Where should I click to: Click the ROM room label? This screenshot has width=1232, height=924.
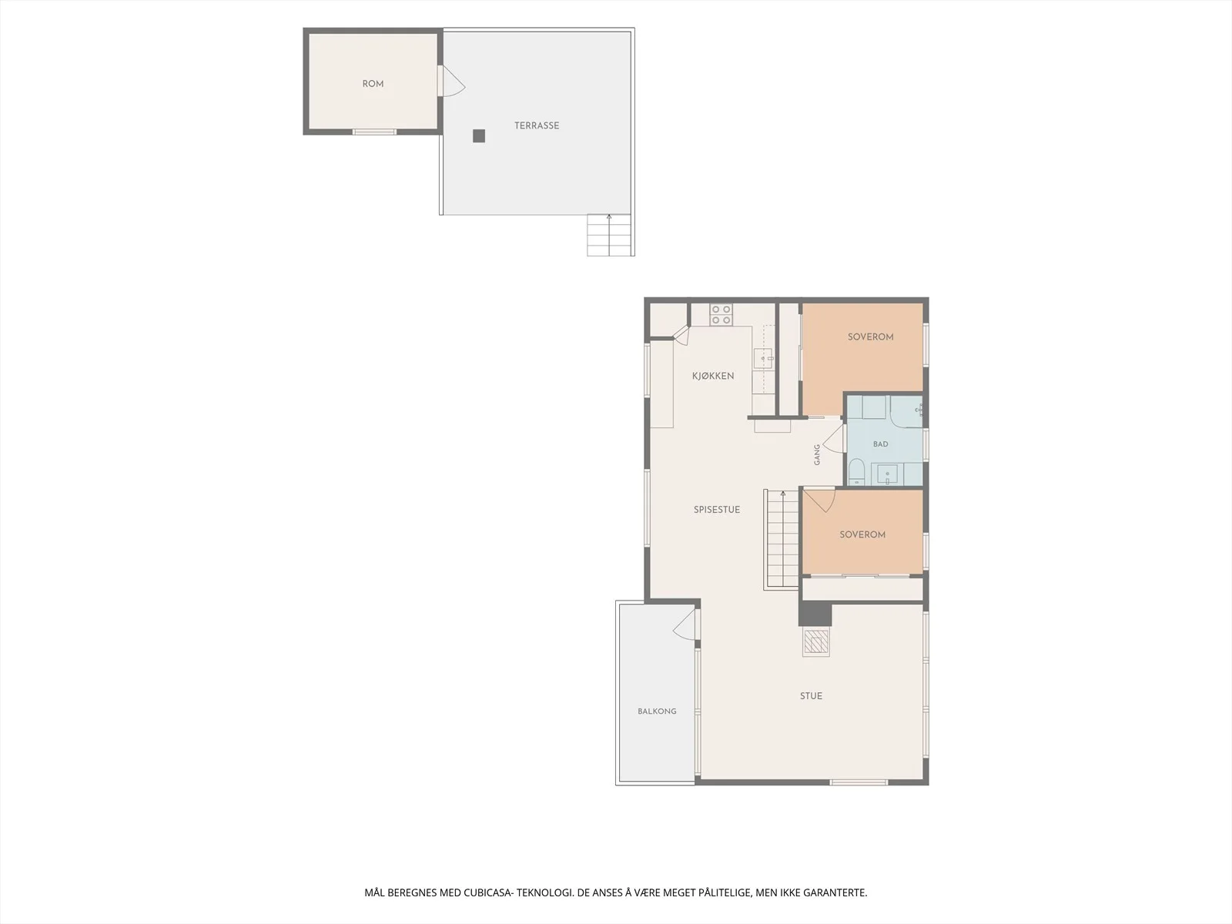click(373, 84)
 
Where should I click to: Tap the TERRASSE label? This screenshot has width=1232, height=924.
click(537, 126)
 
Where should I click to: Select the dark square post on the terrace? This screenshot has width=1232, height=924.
click(479, 136)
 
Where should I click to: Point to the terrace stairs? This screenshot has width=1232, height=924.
click(610, 235)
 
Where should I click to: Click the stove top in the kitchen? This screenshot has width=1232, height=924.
click(721, 315)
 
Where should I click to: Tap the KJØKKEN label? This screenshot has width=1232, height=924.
click(713, 376)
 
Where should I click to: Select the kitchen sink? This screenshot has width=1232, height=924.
click(763, 358)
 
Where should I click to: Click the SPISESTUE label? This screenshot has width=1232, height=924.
click(717, 510)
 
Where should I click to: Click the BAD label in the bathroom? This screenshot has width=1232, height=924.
click(880, 444)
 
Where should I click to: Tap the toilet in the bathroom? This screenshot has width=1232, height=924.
click(856, 472)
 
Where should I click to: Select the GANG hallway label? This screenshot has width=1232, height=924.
click(817, 455)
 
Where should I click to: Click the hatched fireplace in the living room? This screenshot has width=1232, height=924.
click(816, 642)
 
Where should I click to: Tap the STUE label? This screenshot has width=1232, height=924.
click(811, 696)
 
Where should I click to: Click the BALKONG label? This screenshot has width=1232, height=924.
click(657, 711)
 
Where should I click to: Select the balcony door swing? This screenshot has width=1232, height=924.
click(685, 624)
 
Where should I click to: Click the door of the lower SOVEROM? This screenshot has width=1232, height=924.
click(819, 500)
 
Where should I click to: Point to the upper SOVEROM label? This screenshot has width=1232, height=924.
click(871, 337)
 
